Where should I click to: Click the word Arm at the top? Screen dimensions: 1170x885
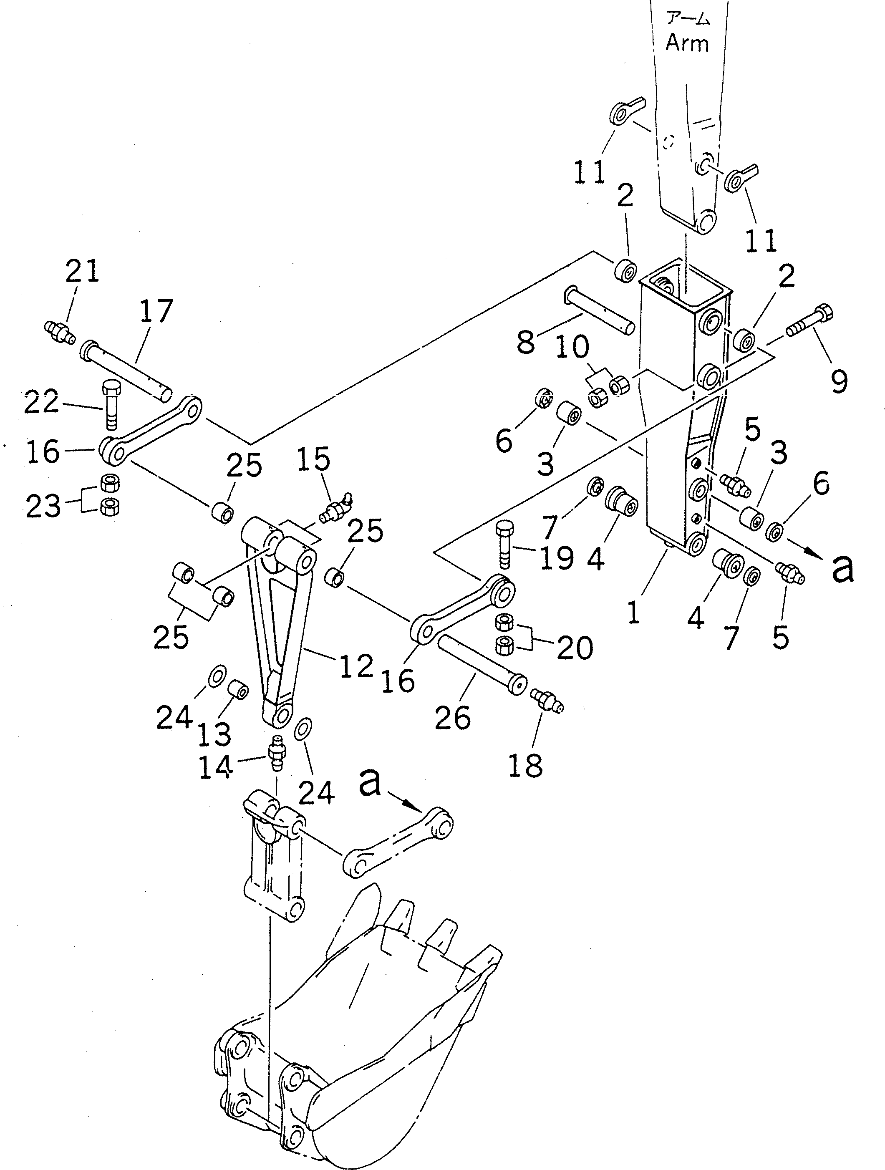687,42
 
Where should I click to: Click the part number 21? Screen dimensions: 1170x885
82,271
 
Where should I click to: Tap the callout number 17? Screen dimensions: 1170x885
156,311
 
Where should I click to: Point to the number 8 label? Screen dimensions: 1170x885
525,342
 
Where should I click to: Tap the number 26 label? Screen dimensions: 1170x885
452,718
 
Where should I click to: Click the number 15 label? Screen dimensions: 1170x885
313,459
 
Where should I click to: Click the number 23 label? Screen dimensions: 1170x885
43,506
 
